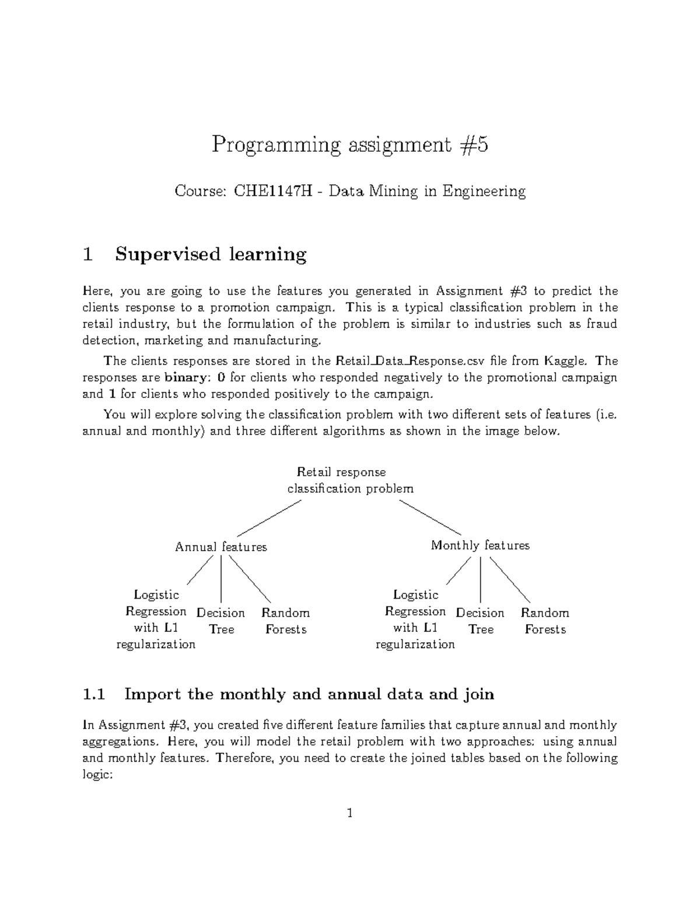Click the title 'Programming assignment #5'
tap(349, 144)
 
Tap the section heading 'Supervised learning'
tap(211, 254)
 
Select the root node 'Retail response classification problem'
tap(350, 480)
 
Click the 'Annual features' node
tap(220, 547)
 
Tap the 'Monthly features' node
tap(480, 545)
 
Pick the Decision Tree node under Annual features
tap(221, 621)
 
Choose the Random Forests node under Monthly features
tap(545, 621)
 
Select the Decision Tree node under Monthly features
tap(480, 621)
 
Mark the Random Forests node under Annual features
tap(286, 621)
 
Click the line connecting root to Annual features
tap(269, 519)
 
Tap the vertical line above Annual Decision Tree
tap(221, 579)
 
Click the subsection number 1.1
tap(93, 694)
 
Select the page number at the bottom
tap(349, 813)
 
